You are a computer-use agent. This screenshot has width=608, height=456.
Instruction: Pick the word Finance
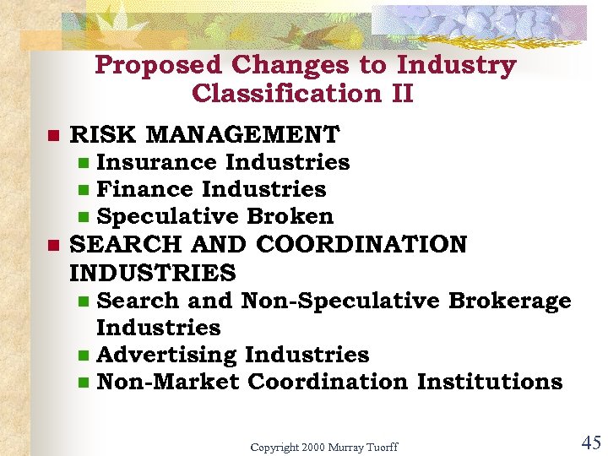tap(146, 189)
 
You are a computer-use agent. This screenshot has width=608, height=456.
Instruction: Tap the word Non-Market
tap(168, 382)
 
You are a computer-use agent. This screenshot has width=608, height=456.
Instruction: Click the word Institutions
tap(490, 382)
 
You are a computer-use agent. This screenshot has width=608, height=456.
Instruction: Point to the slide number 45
tap(590, 442)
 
